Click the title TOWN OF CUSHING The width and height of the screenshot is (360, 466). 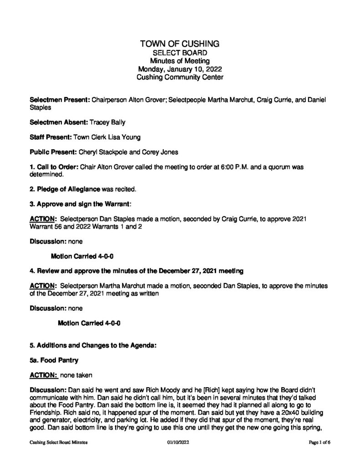coord(180,44)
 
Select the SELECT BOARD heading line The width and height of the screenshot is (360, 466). coord(180,53)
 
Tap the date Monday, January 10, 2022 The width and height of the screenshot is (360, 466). coord(180,70)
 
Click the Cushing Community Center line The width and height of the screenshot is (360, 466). coord(180,78)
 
